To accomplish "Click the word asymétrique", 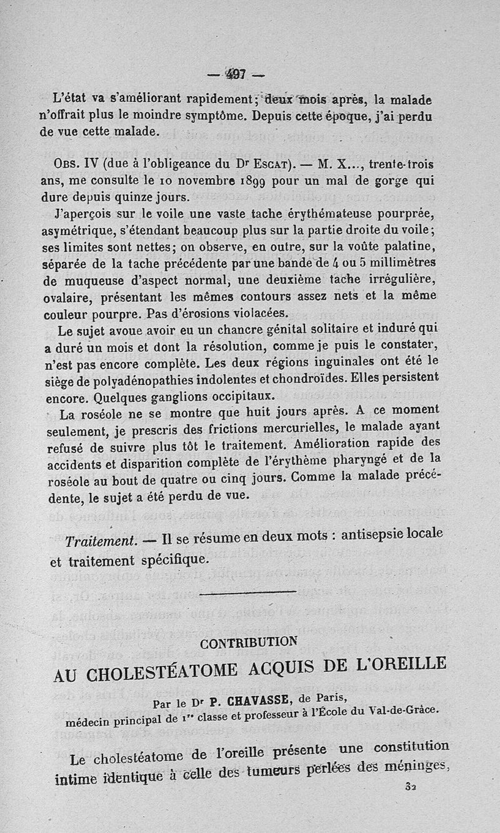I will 81,231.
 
